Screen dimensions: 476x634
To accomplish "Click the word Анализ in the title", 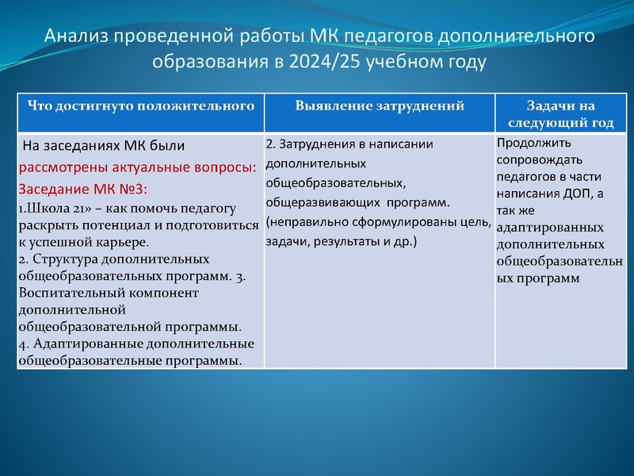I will (76, 37).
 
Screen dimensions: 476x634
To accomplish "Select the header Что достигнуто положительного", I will (140, 105).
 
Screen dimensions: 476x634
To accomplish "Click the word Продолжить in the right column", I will (530, 144).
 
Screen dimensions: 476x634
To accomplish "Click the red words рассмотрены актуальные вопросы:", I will (137, 168).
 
